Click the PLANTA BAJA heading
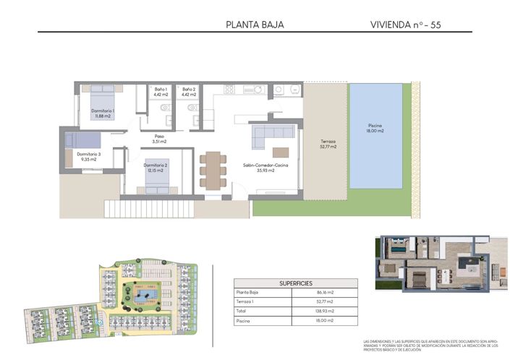click(x=255, y=25)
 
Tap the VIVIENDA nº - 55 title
click(x=405, y=25)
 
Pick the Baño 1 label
click(x=160, y=92)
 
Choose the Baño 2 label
click(x=189, y=92)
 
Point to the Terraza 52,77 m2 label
click(x=328, y=144)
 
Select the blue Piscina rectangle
click(x=375, y=136)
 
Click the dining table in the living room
click(x=213, y=171)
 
